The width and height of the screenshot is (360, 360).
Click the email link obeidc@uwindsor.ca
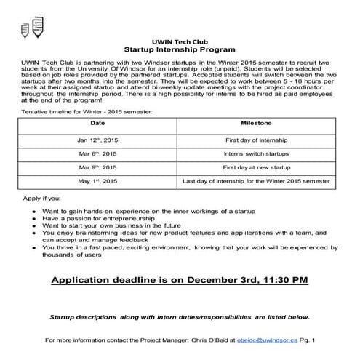pyautogui.click(x=286, y=340)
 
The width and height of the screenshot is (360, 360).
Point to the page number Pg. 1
pyautogui.click(x=327, y=340)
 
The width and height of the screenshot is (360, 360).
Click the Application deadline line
pyautogui.click(x=180, y=279)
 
